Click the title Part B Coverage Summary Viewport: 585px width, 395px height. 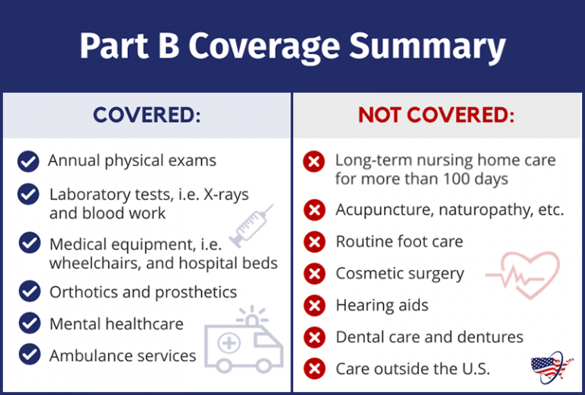pyautogui.click(x=292, y=47)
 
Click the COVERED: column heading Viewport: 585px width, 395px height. pyautogui.click(x=147, y=116)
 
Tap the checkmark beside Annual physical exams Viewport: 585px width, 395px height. pyautogui.click(x=28, y=161)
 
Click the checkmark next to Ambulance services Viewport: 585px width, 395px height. pyautogui.click(x=29, y=355)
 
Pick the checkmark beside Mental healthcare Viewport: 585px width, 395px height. pyautogui.click(x=29, y=323)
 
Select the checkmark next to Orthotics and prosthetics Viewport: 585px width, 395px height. pyautogui.click(x=29, y=291)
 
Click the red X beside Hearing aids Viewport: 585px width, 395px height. pyautogui.click(x=314, y=306)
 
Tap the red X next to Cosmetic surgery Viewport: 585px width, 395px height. pyautogui.click(x=314, y=274)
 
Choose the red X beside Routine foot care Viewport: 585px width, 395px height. pyautogui.click(x=314, y=242)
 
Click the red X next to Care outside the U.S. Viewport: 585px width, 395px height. pyautogui.click(x=314, y=369)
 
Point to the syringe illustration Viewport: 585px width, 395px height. pyautogui.click(x=251, y=225)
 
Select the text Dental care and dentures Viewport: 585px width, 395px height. pyautogui.click(x=430, y=337)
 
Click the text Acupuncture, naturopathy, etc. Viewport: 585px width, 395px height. pyautogui.click(x=449, y=210)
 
